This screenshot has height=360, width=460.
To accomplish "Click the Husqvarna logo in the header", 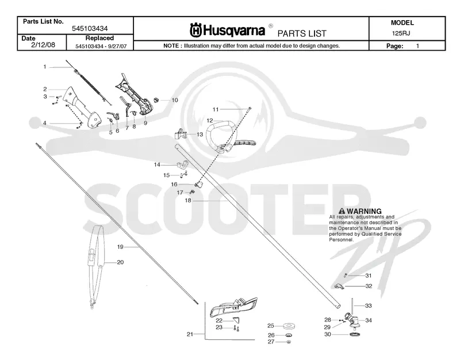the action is (x=228, y=30).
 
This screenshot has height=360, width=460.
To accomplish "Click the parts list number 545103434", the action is (x=90, y=28).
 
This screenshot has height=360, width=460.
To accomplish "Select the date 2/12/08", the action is (x=43, y=45).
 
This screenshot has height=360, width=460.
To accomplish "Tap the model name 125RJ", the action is (x=401, y=33).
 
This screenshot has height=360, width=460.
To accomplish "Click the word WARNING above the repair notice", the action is (x=364, y=211).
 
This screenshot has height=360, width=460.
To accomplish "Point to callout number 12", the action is (x=210, y=121).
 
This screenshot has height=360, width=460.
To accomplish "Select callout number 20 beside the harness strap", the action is (x=120, y=262).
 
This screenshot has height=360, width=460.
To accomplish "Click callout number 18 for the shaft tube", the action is (x=188, y=200).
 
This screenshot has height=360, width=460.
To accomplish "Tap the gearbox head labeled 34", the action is (x=351, y=320).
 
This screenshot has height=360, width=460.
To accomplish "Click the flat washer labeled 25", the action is (x=289, y=325).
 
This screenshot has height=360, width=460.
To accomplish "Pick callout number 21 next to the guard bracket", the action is (x=190, y=334).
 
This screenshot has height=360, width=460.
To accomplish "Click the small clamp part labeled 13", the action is (x=181, y=134).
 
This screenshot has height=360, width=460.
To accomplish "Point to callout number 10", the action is (x=175, y=100).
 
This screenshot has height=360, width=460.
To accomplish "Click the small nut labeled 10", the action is (x=156, y=99).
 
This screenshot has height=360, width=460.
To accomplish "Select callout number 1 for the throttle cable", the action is (x=45, y=67).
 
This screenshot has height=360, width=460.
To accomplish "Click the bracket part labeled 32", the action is (x=339, y=286).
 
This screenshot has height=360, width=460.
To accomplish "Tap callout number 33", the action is (x=368, y=306).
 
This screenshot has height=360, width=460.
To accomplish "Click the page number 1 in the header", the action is (x=417, y=46).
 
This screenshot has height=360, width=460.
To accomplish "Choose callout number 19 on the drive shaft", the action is (x=120, y=247).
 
